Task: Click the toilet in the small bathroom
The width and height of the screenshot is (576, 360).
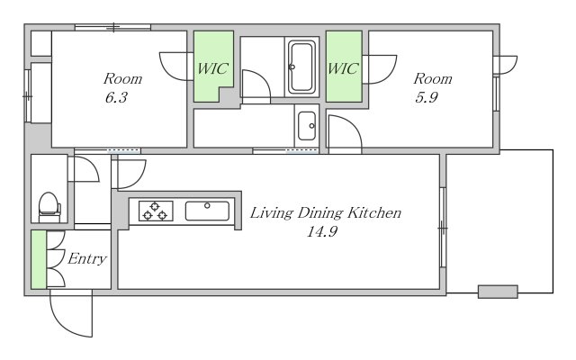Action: click(x=49, y=207)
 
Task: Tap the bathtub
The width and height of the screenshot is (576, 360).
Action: click(x=301, y=67)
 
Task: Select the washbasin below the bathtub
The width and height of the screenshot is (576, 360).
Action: click(x=307, y=126)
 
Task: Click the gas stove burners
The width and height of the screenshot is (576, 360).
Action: click(x=156, y=211)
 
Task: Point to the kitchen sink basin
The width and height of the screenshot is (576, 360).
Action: click(x=207, y=211)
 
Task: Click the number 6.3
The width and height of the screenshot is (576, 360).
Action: click(x=116, y=98)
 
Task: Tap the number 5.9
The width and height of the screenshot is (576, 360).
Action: click(x=427, y=98)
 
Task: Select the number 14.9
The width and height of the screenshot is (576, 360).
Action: click(x=322, y=232)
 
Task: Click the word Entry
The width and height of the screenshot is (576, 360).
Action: click(x=87, y=259)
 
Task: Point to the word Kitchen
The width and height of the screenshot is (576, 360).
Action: click(x=374, y=212)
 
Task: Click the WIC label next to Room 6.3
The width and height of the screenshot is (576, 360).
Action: click(x=213, y=68)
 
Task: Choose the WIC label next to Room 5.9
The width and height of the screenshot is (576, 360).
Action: click(x=342, y=68)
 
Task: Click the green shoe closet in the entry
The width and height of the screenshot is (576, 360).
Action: click(x=39, y=259)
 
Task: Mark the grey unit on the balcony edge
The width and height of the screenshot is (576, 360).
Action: click(x=498, y=292)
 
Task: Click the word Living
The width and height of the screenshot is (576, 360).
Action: click(x=272, y=213)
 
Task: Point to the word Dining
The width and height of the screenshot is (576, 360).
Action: click(x=320, y=213)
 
